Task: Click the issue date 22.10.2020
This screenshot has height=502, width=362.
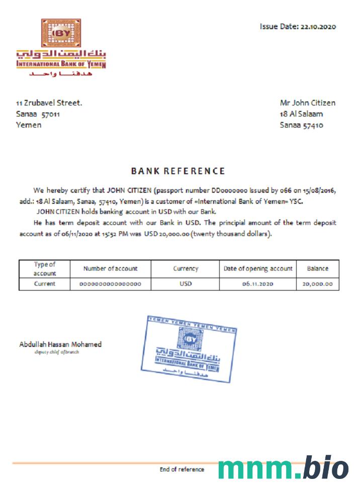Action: [x=318, y=27]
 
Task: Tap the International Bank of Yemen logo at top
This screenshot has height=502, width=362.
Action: [x=61, y=48]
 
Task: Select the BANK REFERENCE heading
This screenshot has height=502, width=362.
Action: [x=178, y=171]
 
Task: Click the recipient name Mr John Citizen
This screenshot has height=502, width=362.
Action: [x=307, y=103]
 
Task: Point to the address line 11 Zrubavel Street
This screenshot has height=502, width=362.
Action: [x=49, y=103]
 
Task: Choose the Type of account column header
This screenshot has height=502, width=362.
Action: [x=45, y=269]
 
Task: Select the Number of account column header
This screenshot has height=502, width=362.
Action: [x=110, y=269]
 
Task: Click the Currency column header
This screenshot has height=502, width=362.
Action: [x=186, y=269]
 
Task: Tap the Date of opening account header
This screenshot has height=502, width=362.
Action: [x=258, y=269]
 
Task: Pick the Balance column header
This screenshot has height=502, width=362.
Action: [x=317, y=269]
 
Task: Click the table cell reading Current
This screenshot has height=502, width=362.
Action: [x=45, y=284]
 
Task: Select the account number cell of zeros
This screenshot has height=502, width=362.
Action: [x=110, y=284]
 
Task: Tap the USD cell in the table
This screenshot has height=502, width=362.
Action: [x=186, y=284]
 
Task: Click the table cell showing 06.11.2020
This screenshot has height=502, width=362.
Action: [x=257, y=284]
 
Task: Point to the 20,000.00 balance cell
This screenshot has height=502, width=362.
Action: [x=317, y=284]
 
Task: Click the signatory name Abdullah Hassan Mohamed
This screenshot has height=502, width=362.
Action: [x=60, y=344]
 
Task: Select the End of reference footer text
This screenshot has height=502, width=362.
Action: [x=182, y=469]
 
